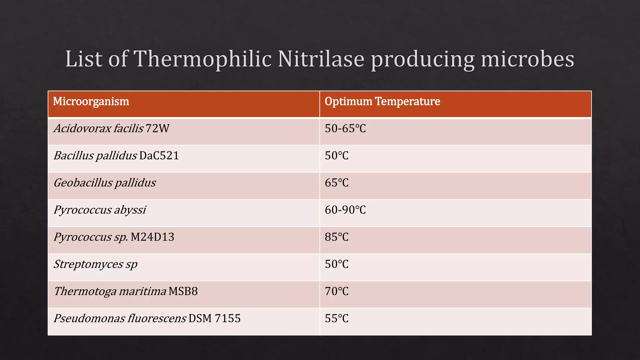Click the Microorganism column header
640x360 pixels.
point(91,102)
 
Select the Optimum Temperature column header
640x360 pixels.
point(382,102)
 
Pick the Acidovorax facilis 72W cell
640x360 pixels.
point(111,128)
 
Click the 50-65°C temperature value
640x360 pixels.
point(345,128)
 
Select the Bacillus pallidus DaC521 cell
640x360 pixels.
point(116,156)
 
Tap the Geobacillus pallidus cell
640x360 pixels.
point(105,183)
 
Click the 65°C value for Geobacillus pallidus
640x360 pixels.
point(337,183)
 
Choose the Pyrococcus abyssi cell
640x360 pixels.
point(100,210)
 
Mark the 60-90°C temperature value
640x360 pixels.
point(345,210)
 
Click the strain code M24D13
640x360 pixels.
point(152,237)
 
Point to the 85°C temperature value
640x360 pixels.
point(337,237)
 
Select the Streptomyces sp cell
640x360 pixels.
point(95,264)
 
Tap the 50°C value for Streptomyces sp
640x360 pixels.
point(337,264)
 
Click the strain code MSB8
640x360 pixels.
point(183,292)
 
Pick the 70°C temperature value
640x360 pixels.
point(337,292)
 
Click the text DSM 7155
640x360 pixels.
point(215,318)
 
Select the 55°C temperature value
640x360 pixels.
point(337,318)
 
